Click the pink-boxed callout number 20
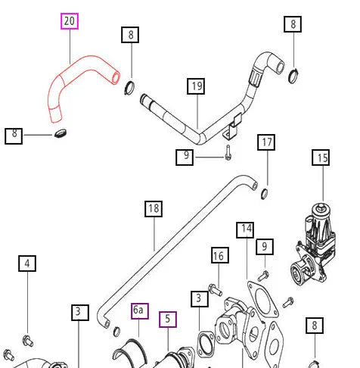70,21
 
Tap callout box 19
196,86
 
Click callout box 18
154,209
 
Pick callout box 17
266,142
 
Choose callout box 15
321,157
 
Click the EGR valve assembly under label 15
313,245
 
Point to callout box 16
220,255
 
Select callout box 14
245,230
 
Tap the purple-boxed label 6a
140,311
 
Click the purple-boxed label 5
168,320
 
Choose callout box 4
27,264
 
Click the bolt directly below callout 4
28,341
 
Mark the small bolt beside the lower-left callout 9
228,153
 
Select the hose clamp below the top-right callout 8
293,76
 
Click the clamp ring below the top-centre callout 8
129,88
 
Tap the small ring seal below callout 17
264,193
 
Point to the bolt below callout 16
216,290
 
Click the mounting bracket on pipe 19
232,126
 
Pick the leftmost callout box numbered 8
14,136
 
